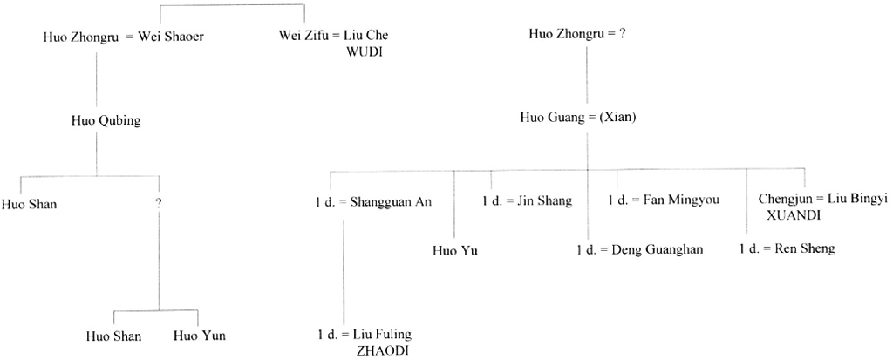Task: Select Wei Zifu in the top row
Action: [299, 37]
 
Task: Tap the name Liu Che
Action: [366, 37]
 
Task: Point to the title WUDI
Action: [365, 52]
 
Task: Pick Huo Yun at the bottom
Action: [200, 335]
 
